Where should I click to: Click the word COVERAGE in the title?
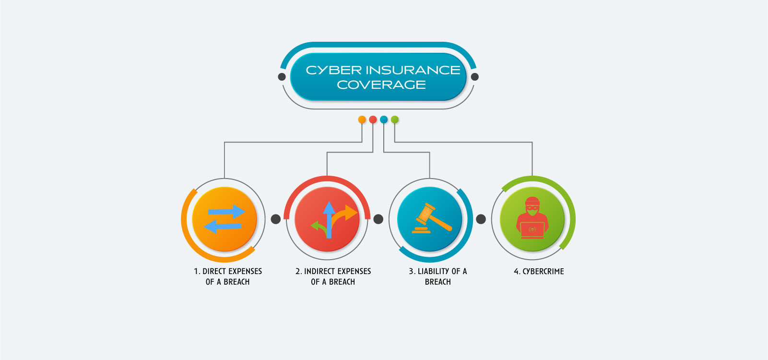(x=381, y=85)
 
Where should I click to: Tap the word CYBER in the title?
(x=333, y=71)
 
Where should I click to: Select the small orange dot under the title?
(x=362, y=120)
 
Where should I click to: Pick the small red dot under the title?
(x=373, y=120)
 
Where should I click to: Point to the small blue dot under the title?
(x=384, y=120)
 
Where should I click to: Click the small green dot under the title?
(x=395, y=120)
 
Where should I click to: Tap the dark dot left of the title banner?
(x=282, y=77)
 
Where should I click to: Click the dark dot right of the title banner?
(x=475, y=77)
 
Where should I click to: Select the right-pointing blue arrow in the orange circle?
(x=226, y=212)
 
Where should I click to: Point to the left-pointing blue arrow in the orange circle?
(x=223, y=227)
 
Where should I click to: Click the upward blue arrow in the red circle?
(x=329, y=220)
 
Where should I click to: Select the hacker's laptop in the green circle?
(x=532, y=230)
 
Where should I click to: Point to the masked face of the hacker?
(x=532, y=208)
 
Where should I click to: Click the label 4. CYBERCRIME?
(x=539, y=272)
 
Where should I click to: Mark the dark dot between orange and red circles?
(x=276, y=219)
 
